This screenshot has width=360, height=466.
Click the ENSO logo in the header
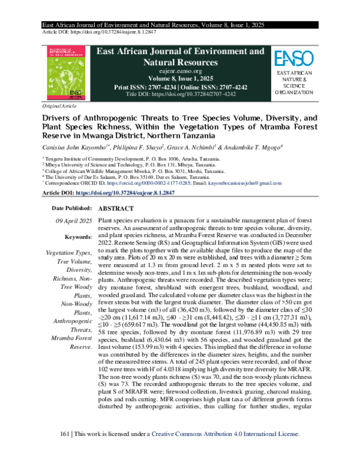click(x=293, y=58)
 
